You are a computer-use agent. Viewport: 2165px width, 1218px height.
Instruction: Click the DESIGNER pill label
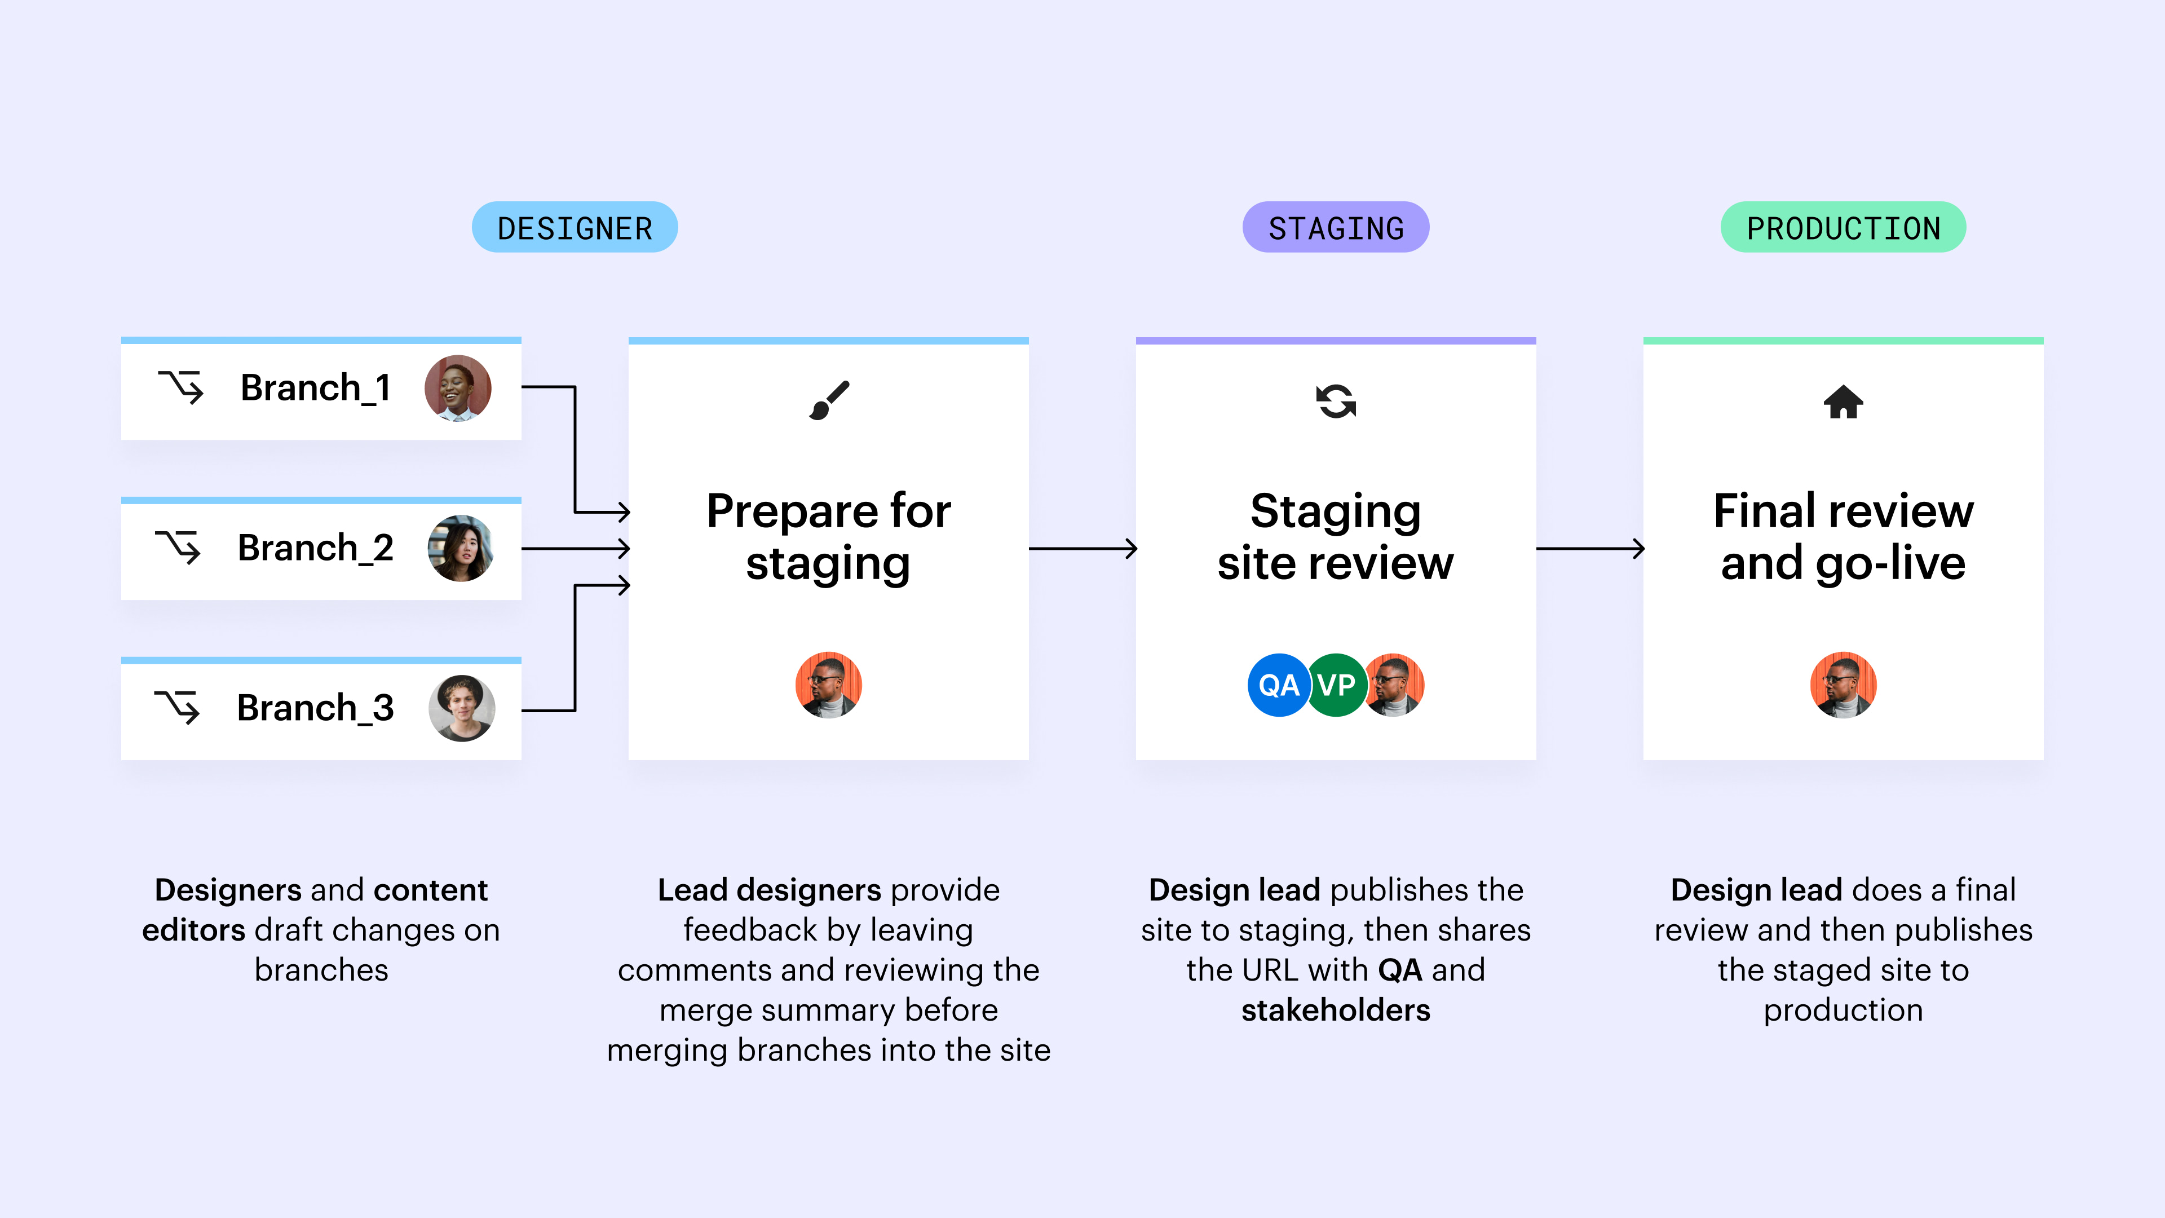pyautogui.click(x=575, y=228)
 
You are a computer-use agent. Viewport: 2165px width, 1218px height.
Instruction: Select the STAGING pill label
pyautogui.click(x=1336, y=228)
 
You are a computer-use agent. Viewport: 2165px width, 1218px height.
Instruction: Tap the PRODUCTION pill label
pyautogui.click(x=1843, y=228)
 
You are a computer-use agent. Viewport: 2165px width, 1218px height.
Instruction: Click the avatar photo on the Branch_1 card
pyautogui.click(x=458, y=389)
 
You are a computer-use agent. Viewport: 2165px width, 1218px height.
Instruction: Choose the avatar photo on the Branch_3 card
pyautogui.click(x=461, y=708)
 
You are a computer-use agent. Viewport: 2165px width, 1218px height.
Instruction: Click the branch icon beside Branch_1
pyautogui.click(x=180, y=387)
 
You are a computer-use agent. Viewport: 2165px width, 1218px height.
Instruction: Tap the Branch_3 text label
pyautogui.click(x=315, y=708)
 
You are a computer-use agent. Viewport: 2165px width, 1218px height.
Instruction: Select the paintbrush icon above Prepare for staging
pyautogui.click(x=829, y=401)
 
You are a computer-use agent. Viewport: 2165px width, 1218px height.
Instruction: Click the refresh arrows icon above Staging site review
pyautogui.click(x=1336, y=401)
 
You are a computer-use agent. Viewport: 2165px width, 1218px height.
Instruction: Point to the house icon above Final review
pyautogui.click(x=1843, y=402)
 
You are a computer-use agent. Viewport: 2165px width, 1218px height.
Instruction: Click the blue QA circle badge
pyautogui.click(x=1278, y=685)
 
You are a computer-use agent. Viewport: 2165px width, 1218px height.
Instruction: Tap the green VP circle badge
pyautogui.click(x=1336, y=685)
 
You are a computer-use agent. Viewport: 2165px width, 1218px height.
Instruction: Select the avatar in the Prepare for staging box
pyautogui.click(x=829, y=685)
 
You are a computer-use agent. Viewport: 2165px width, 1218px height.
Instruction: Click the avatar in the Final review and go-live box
pyautogui.click(x=1843, y=685)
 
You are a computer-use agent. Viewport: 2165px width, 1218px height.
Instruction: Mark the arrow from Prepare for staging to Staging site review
pyautogui.click(x=1082, y=549)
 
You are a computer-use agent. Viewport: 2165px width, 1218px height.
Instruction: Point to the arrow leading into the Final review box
pyautogui.click(x=1589, y=549)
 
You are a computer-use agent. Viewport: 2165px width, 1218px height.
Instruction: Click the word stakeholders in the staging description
pyautogui.click(x=1336, y=1009)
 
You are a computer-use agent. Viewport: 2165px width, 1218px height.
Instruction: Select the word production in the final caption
pyautogui.click(x=1843, y=1009)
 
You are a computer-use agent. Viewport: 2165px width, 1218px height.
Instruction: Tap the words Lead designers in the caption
pyautogui.click(x=769, y=889)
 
